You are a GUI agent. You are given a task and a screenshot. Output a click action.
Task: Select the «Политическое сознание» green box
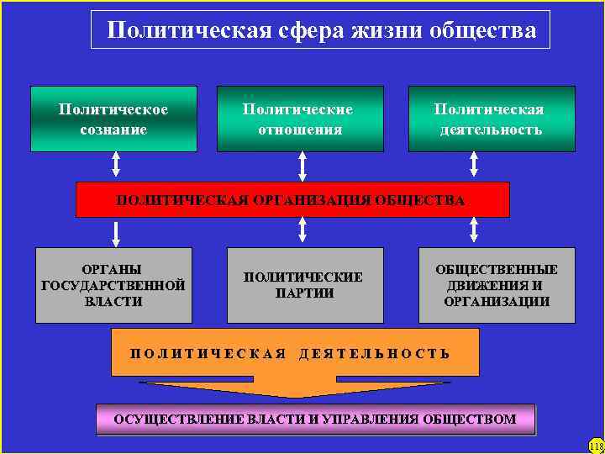pos(113,119)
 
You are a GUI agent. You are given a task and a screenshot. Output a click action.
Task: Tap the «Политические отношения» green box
pos(300,119)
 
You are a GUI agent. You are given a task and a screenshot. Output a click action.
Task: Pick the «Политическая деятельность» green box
pos(492,119)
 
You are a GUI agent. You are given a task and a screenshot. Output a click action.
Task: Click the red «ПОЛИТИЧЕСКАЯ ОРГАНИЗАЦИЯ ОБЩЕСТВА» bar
pos(292,200)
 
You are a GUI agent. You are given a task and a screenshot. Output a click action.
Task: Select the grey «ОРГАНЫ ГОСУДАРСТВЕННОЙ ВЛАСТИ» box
pos(113,285)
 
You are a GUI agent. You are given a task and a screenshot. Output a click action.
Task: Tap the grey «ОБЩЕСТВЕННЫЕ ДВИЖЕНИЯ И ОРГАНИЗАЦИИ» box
pos(497,285)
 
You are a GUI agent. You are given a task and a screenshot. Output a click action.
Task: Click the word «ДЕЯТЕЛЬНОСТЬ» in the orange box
pos(375,353)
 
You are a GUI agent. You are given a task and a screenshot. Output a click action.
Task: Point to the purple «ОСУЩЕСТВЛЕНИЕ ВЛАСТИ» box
pos(315,419)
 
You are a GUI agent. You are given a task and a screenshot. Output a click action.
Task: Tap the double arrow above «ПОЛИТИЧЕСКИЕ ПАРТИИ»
pos(302,231)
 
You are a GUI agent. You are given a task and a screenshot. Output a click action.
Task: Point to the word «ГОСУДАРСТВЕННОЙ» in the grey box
pos(113,285)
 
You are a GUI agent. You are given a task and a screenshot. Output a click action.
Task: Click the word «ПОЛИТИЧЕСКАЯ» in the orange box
pos(209,353)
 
